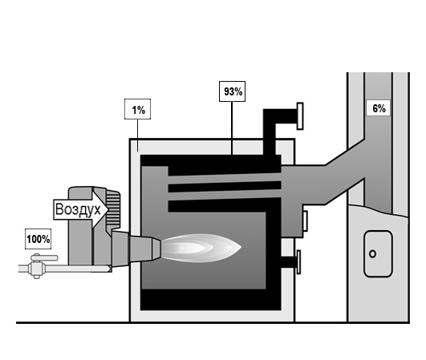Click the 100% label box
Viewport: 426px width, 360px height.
click(38, 239)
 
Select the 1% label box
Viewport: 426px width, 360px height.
click(137, 109)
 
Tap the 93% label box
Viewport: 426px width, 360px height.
click(233, 91)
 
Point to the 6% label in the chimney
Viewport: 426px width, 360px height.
click(378, 108)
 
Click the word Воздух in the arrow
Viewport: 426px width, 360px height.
click(78, 209)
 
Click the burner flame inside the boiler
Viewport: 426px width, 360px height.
click(201, 248)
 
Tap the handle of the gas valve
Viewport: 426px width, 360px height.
click(44, 257)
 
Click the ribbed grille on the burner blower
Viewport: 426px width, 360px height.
click(113, 209)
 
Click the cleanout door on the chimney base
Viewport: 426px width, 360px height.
click(378, 254)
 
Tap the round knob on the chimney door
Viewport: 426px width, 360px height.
click(373, 254)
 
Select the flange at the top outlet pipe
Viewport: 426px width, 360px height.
click(300, 116)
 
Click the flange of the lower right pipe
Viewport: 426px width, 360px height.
click(298, 262)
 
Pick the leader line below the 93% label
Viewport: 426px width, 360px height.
click(232, 128)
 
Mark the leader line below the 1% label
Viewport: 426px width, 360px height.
click(138, 136)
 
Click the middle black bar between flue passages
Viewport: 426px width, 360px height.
click(225, 187)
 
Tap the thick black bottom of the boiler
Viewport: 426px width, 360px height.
click(210, 300)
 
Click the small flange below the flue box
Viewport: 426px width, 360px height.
click(305, 221)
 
